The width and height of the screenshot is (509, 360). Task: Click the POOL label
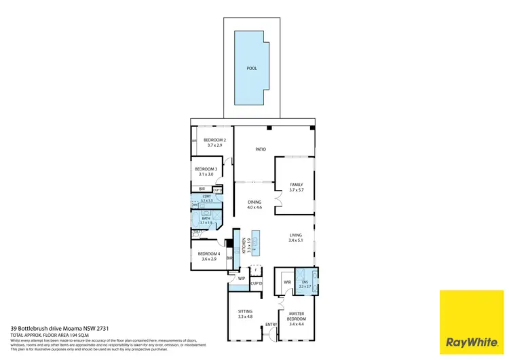(x=252, y=69)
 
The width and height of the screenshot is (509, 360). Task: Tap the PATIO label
(x=260, y=149)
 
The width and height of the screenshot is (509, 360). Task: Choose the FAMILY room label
(x=297, y=184)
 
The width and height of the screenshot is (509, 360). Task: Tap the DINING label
(x=254, y=202)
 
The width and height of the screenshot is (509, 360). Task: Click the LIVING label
(x=296, y=235)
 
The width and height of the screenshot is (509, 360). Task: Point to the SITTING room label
(x=245, y=311)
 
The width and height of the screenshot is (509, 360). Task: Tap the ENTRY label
(x=271, y=324)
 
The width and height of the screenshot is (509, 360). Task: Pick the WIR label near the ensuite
(x=287, y=281)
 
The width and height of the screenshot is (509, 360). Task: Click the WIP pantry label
(x=241, y=278)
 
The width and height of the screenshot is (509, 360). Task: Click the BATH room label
(x=206, y=218)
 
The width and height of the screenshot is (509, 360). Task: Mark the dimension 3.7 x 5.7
(x=297, y=190)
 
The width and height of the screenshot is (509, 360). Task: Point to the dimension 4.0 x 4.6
(x=254, y=208)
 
